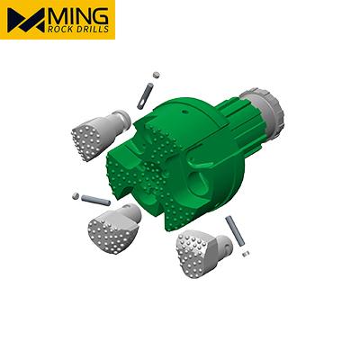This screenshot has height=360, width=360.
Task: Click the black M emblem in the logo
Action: point(27,20)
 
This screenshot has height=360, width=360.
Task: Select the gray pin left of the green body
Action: point(94,199)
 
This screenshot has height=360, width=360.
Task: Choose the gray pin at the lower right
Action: point(235,229)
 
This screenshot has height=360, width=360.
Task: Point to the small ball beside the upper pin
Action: point(155,74)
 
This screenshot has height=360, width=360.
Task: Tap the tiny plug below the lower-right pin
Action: point(245,256)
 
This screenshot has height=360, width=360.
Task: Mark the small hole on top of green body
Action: point(181,105)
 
